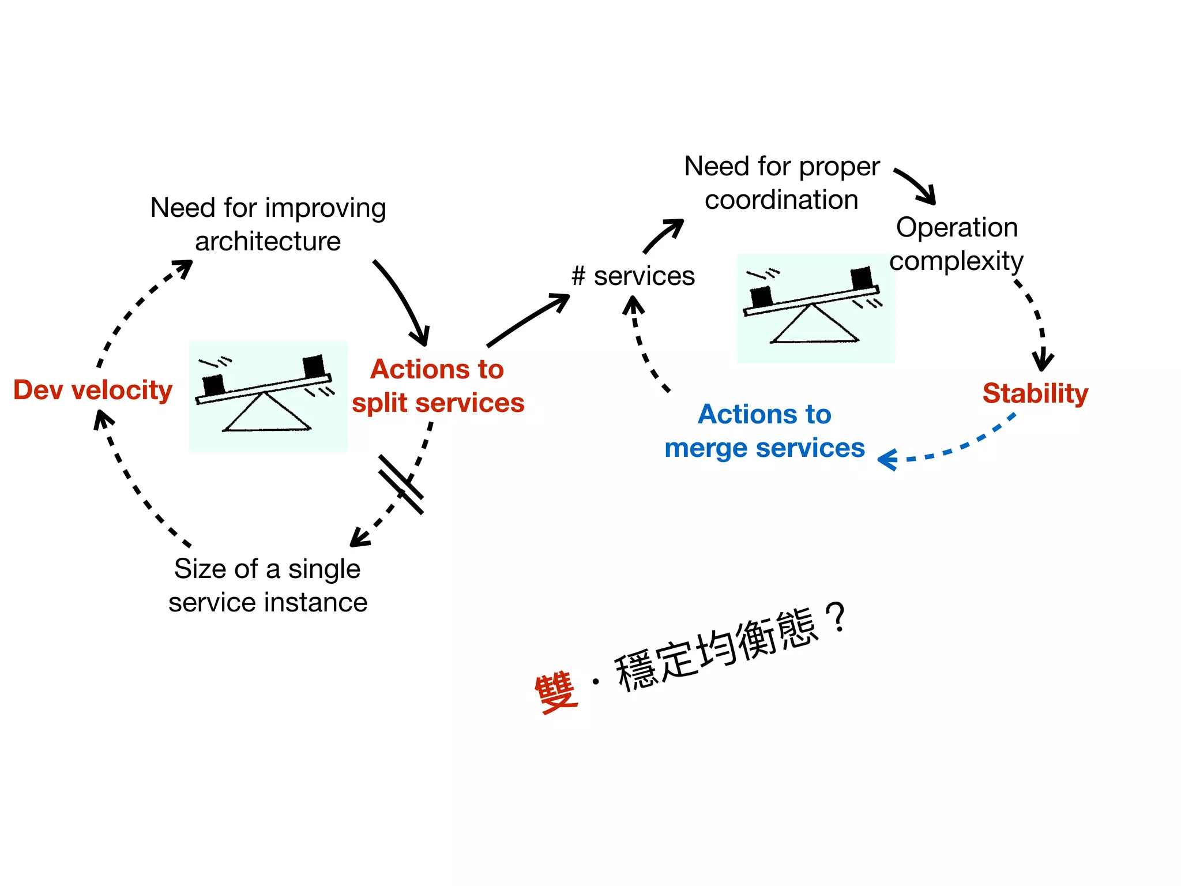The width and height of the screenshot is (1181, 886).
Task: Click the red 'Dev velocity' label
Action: point(93,391)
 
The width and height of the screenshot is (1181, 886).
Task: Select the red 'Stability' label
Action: point(1035,393)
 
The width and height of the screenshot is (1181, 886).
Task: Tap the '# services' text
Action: point(633,276)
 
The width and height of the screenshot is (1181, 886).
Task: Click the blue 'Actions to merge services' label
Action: point(764,431)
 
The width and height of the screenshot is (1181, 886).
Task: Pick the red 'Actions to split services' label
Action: point(438,386)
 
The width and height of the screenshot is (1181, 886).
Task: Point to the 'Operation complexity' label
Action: point(956,244)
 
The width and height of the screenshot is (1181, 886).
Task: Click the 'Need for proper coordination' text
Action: point(781,183)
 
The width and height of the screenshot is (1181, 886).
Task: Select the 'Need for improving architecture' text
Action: point(268,224)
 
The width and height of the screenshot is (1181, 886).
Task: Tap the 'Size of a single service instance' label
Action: point(268,585)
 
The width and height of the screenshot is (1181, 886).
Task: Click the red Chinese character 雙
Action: point(556,692)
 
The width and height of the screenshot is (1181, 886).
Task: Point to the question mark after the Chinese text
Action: point(836,617)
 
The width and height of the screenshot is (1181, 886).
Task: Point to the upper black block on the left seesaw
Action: point(314,366)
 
